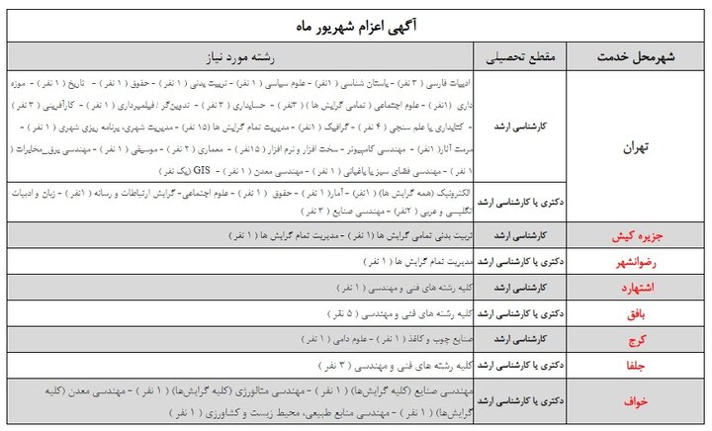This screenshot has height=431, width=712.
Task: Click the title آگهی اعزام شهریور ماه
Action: pos(356,24)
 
